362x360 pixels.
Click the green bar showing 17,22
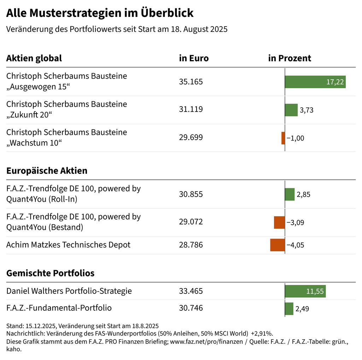pos(315,82)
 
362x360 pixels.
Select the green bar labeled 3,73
pos(291,110)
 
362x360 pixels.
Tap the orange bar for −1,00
pos(283,138)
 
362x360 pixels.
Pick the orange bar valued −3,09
pos(279,222)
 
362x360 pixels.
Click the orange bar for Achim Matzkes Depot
pos(277,245)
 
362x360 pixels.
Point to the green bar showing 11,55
pos(305,291)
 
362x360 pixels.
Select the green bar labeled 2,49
pos(289,309)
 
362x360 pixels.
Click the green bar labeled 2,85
pos(290,194)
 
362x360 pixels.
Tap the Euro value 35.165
pos(191,82)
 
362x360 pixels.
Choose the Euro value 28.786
pos(191,245)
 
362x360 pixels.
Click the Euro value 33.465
pos(191,291)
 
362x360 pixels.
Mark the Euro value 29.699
pos(191,137)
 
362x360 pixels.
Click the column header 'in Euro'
pos(194,58)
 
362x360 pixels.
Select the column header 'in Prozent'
pos(290,58)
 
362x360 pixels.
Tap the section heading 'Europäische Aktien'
pos(47,171)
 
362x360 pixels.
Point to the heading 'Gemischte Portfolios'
pos(50,273)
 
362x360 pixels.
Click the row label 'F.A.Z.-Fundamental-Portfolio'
pos(59,308)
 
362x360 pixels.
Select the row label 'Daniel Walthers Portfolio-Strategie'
pos(69,291)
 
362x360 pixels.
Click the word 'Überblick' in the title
pos(167,13)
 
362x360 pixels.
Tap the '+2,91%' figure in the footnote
pos(262,333)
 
